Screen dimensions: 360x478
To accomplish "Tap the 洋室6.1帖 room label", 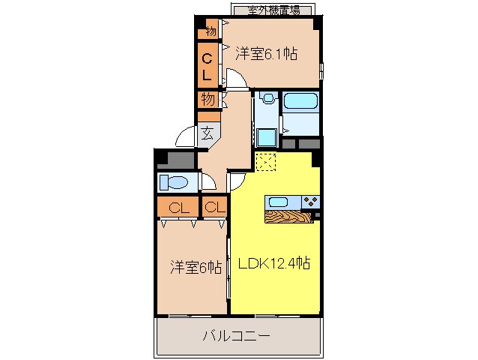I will [x=267, y=53].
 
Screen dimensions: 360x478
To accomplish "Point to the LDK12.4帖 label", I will [x=275, y=263].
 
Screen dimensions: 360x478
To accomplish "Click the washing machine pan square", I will [x=266, y=137].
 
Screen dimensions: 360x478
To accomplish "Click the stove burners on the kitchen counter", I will [x=310, y=201].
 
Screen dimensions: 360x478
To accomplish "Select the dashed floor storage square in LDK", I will [x=266, y=163].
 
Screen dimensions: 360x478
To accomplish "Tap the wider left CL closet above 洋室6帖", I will [x=178, y=207].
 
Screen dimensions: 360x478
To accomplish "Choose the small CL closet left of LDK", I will [x=214, y=207].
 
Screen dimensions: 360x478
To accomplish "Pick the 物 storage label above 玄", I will [x=208, y=99].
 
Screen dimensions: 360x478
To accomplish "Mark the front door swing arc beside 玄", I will [x=184, y=138].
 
